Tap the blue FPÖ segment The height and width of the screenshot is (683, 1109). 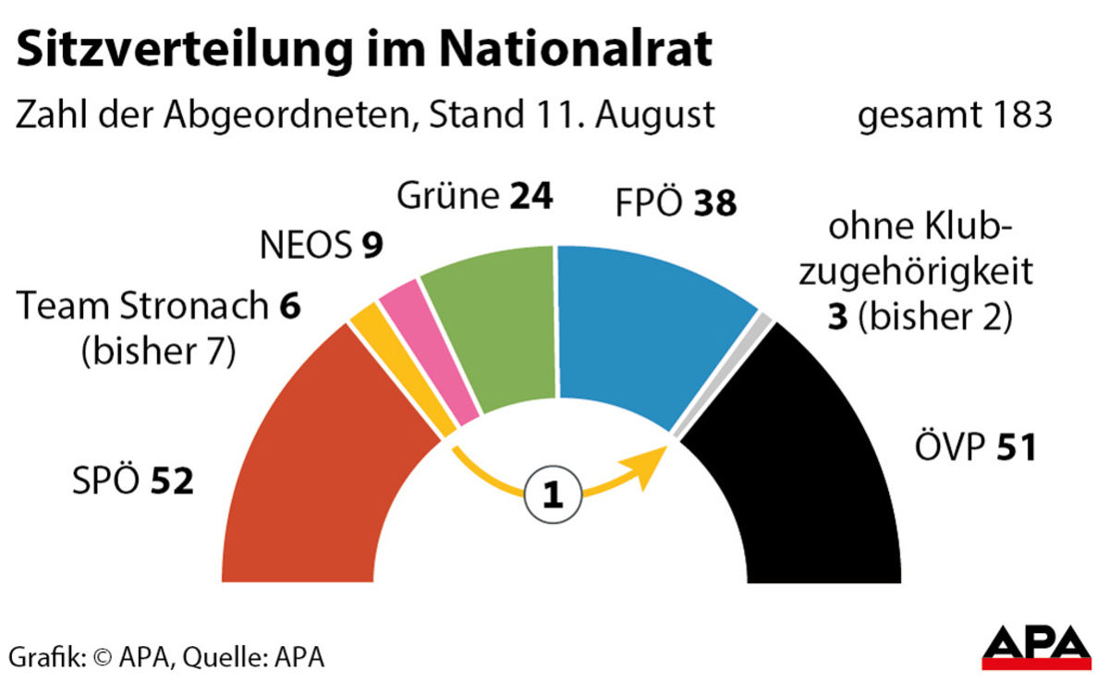647,323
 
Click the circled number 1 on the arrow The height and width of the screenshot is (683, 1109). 554,496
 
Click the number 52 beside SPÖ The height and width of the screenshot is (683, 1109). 173,481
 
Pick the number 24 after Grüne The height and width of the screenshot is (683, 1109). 530,196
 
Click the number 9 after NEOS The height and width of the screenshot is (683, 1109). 372,245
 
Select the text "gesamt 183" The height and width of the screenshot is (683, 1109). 955,117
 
